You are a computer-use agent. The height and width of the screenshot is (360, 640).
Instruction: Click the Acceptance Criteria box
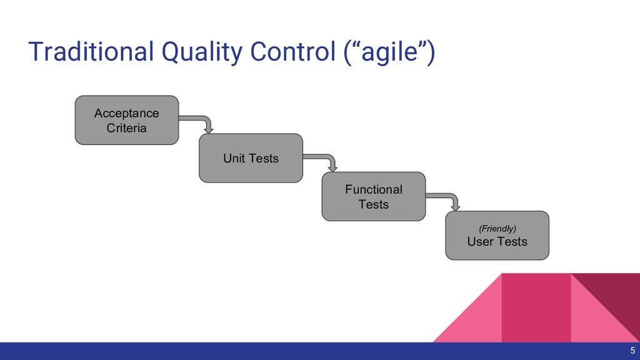click(127, 120)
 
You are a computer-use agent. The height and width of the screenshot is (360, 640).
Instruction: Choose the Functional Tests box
click(374, 197)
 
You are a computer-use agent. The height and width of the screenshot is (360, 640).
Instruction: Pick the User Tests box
click(497, 235)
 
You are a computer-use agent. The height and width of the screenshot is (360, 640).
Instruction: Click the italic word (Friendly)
click(497, 228)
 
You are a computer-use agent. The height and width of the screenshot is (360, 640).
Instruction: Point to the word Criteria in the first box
click(127, 128)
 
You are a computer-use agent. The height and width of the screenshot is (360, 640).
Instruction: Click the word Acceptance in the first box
click(127, 113)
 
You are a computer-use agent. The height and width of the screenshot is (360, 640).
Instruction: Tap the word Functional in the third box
click(374, 189)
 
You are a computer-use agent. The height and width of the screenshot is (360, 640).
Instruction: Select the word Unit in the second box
click(234, 159)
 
